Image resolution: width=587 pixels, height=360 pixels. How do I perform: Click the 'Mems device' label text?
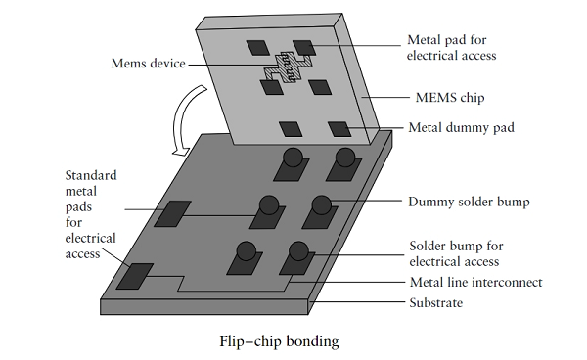click(149, 64)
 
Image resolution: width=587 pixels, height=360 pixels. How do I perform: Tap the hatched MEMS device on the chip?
click(289, 67)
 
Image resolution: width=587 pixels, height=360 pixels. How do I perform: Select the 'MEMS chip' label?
click(450, 98)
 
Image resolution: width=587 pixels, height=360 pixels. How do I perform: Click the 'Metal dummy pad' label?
click(461, 127)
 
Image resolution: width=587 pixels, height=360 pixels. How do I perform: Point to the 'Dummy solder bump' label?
click(469, 202)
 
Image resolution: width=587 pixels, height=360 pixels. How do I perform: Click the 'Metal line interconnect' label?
click(475, 282)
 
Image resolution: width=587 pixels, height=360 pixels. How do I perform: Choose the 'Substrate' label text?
click(435, 302)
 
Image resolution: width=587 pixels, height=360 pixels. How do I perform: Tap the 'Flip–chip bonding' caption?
click(279, 341)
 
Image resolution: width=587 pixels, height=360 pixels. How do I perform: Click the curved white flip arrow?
click(180, 119)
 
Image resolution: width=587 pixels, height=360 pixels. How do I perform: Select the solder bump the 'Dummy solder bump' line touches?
click(322, 204)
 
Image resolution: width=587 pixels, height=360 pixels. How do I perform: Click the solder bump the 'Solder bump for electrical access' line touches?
click(298, 250)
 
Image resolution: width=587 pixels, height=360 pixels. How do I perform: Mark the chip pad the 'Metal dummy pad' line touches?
click(339, 129)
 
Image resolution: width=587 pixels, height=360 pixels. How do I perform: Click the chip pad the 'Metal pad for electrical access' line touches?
click(304, 48)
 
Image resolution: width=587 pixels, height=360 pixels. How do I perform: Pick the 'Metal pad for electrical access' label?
click(451, 48)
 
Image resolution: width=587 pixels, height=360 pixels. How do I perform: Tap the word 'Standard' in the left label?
click(91, 175)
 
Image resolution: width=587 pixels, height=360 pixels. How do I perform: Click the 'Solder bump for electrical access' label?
click(456, 253)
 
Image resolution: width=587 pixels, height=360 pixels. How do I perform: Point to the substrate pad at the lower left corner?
click(135, 276)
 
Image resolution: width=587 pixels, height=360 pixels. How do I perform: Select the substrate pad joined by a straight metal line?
click(172, 213)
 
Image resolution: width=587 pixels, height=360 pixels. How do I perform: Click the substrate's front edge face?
click(204, 307)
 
